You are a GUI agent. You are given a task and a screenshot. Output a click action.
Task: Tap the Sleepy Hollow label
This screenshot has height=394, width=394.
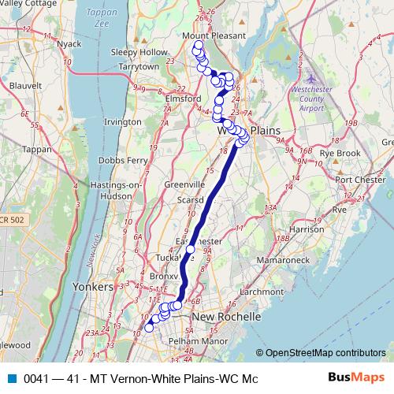click(139, 52)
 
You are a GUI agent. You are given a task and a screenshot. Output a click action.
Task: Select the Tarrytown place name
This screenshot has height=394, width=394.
click(139, 67)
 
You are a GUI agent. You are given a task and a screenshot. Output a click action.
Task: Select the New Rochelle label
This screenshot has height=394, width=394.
click(226, 316)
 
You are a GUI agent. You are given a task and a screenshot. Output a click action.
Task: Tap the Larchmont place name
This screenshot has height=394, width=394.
click(262, 291)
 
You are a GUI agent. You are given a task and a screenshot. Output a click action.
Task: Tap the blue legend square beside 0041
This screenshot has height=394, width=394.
click(11, 378)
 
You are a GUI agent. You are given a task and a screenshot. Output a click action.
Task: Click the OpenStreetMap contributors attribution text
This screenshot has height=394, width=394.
click(325, 352)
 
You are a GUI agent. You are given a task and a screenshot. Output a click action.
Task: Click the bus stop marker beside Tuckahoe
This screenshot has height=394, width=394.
click(190, 250)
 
